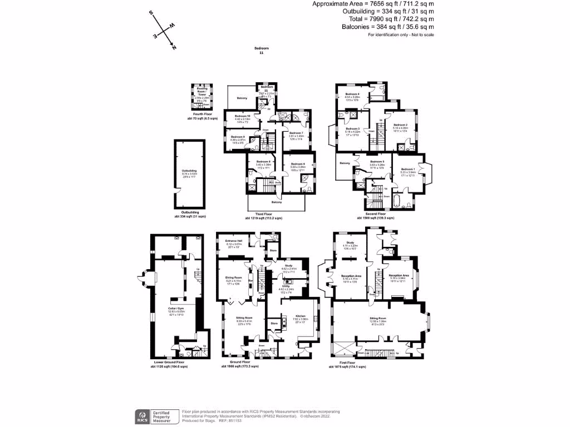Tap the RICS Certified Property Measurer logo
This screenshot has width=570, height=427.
click(155, 415)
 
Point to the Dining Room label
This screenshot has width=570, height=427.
click(233, 279)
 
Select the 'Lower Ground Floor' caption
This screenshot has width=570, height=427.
click(169, 362)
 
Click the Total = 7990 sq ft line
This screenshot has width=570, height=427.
click(387, 19)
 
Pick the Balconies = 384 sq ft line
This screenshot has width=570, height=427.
click(387, 27)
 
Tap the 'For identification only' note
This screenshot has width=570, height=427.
click(401, 35)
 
